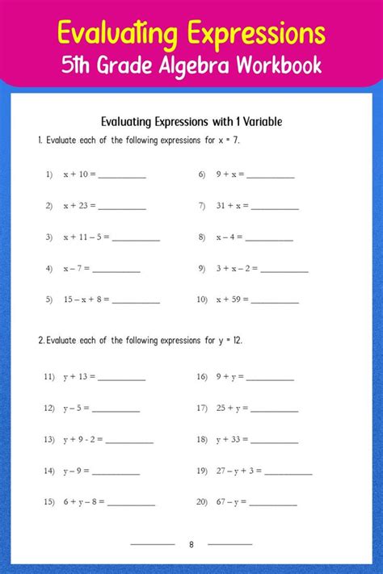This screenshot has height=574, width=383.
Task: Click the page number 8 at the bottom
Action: [x=191, y=544]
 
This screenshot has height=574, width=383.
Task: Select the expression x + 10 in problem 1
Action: [x=79, y=174]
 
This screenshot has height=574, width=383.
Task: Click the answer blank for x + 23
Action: [x=122, y=207]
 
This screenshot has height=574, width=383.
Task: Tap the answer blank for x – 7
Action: [x=116, y=270]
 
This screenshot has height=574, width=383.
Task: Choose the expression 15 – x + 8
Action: [x=86, y=300]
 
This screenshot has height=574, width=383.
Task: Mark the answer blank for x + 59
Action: [x=276, y=301]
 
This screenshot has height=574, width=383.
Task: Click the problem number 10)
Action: [x=202, y=300]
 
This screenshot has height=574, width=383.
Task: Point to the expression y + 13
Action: [x=79, y=376]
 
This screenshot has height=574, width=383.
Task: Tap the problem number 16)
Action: [x=202, y=376]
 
